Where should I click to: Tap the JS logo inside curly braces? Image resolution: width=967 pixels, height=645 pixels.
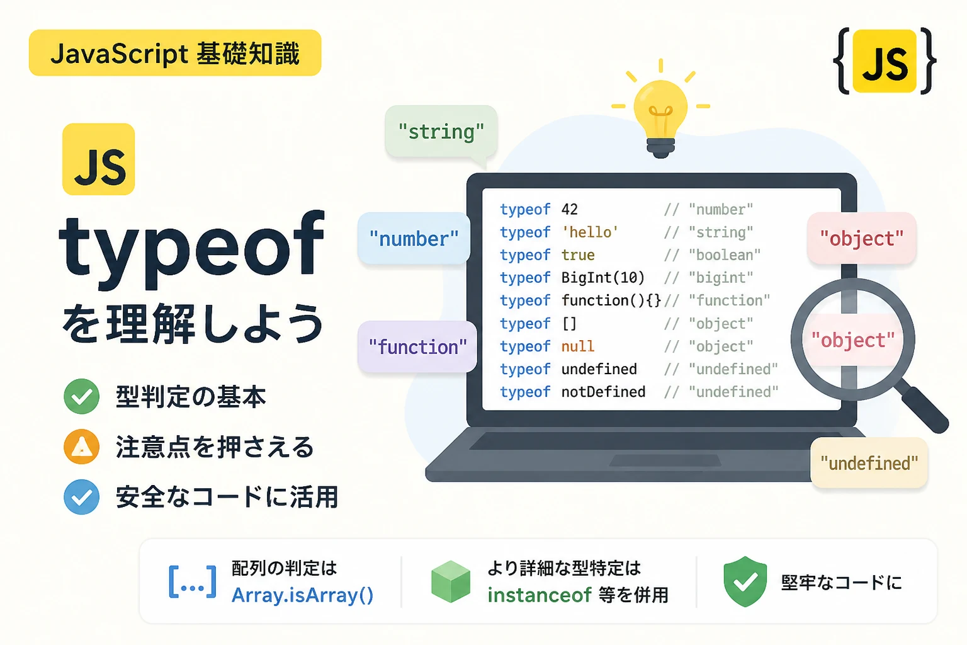pos(885,61)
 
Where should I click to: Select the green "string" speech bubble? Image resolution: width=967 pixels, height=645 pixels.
pos(441,132)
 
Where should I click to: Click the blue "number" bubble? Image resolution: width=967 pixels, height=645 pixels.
pos(414,238)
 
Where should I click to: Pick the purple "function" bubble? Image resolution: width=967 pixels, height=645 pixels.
pos(417,346)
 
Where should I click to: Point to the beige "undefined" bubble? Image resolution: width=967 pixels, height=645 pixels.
pos(869,463)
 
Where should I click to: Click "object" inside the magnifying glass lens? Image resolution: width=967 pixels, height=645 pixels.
pos(853,340)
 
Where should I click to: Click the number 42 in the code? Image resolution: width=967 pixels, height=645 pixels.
pos(569,210)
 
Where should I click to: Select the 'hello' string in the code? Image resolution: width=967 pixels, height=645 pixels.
pos(590,232)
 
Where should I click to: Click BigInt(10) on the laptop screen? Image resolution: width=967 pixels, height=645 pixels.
pos(602,278)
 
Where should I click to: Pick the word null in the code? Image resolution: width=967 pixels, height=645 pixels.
pos(577,346)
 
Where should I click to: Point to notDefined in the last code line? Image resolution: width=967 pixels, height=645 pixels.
pos(603,392)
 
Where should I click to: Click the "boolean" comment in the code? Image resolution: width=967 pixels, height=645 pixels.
pos(725,255)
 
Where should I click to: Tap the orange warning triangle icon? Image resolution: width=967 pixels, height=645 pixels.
pos(82,447)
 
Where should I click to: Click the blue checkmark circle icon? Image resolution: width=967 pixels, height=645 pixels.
pos(82,497)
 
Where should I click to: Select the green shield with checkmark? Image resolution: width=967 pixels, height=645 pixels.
pos(745,581)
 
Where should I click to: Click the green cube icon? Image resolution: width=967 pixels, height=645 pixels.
pos(451,581)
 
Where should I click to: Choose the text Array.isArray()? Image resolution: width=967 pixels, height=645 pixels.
pos(302,595)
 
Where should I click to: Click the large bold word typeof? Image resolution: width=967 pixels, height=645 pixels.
pos(191,249)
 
